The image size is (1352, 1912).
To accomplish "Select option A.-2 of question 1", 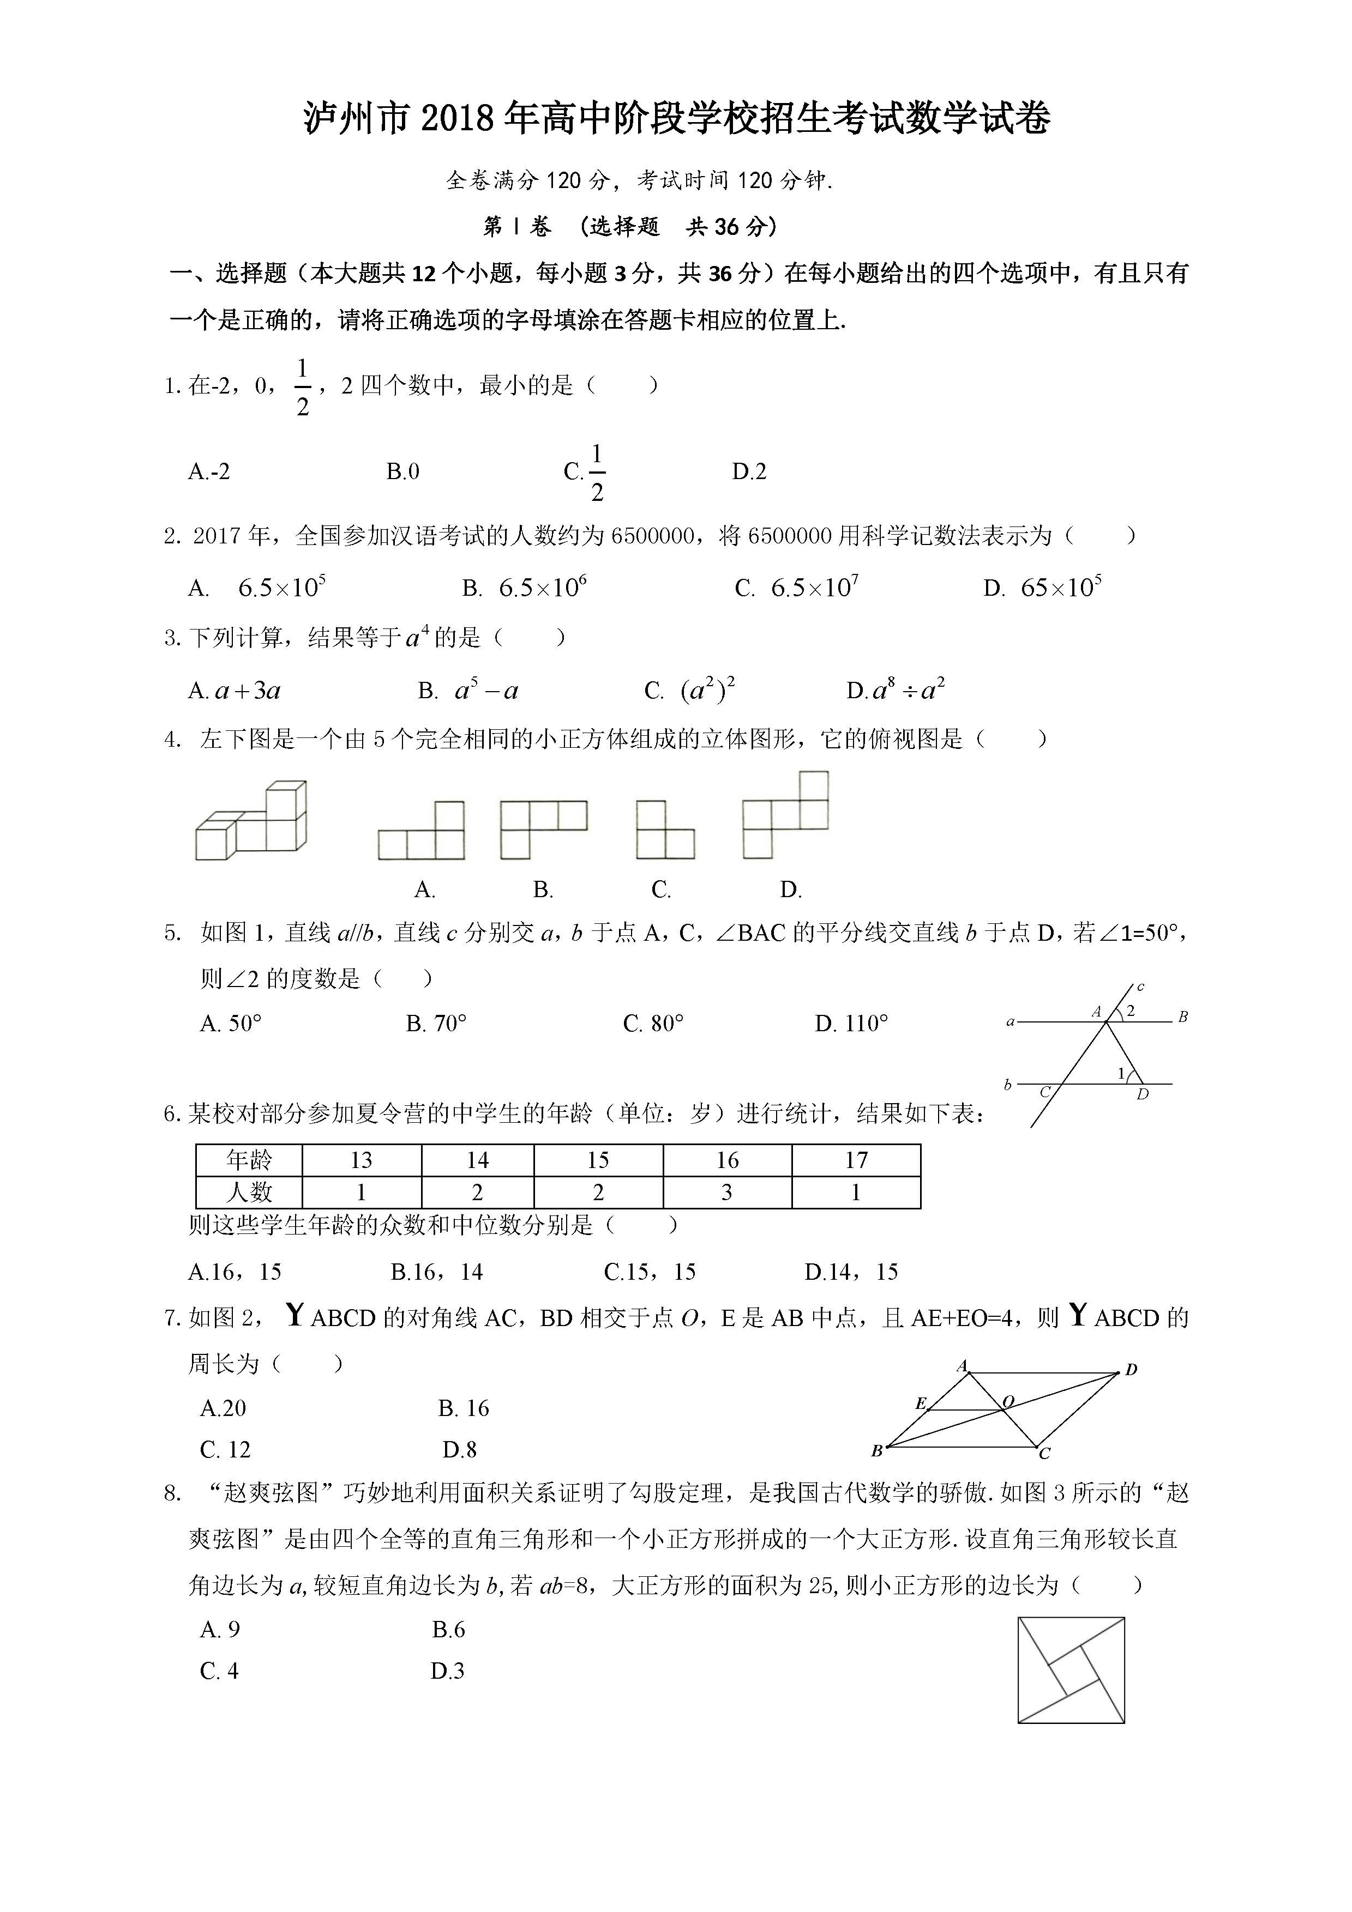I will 209,472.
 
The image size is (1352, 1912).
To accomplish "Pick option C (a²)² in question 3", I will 690,691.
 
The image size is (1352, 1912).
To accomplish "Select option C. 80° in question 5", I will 653,1024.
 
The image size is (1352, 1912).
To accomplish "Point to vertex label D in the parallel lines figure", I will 1142,1094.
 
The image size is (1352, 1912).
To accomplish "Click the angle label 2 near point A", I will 1131,1012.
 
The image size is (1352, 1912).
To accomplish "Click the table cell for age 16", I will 727,1160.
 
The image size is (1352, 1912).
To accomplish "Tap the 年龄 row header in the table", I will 249,1160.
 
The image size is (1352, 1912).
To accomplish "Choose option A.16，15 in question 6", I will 235,1272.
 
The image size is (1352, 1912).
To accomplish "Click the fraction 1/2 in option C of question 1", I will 597,472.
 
